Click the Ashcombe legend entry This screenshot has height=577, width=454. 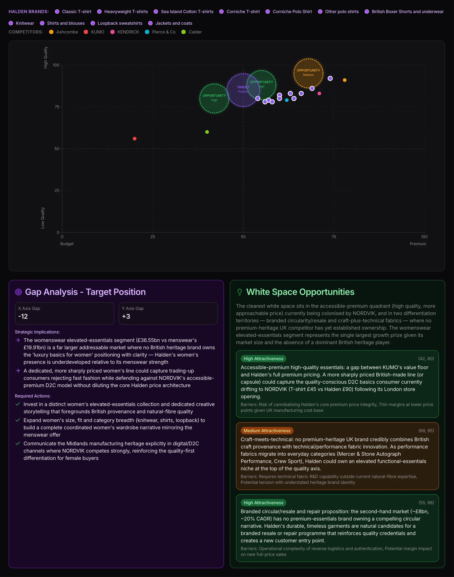click(x=64, y=32)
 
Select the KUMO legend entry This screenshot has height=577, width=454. click(x=94, y=32)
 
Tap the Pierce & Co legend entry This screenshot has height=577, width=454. click(x=160, y=32)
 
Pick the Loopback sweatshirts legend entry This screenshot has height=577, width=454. click(x=116, y=23)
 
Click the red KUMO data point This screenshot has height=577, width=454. click(x=135, y=138)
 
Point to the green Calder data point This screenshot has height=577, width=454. click(x=207, y=132)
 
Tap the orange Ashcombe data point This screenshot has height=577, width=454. click(x=344, y=80)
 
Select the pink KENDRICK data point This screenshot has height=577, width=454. click(x=319, y=93)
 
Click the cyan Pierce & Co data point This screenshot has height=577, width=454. click(x=287, y=100)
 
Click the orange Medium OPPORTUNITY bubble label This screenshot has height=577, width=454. click(x=308, y=73)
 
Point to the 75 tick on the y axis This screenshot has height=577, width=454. click(x=57, y=107)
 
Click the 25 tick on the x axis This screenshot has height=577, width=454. click(x=153, y=237)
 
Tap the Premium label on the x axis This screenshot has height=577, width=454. click(x=418, y=244)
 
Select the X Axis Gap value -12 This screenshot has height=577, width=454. click(x=23, y=316)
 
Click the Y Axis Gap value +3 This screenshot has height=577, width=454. click(x=126, y=316)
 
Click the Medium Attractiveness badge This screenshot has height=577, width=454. click(x=267, y=431)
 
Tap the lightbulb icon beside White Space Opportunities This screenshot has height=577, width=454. click(x=240, y=292)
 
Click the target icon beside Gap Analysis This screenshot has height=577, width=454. click(x=18, y=292)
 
